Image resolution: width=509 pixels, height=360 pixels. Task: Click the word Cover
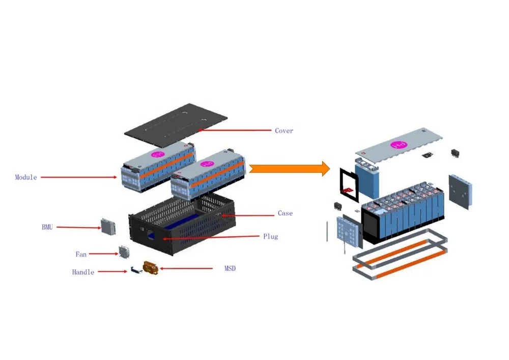click(x=284, y=131)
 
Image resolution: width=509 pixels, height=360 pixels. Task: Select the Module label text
click(x=26, y=177)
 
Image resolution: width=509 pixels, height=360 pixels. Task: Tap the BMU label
click(x=47, y=227)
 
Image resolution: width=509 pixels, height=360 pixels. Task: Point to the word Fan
click(x=81, y=254)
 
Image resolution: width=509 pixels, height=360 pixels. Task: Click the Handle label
click(x=83, y=272)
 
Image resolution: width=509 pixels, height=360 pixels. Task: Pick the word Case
click(x=285, y=213)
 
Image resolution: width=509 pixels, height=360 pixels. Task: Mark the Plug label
click(x=271, y=237)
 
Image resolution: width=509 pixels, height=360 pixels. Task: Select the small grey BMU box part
click(x=108, y=227)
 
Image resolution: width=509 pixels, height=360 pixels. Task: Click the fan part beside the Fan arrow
click(x=124, y=252)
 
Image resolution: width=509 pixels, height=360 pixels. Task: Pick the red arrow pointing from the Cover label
click(x=234, y=131)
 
